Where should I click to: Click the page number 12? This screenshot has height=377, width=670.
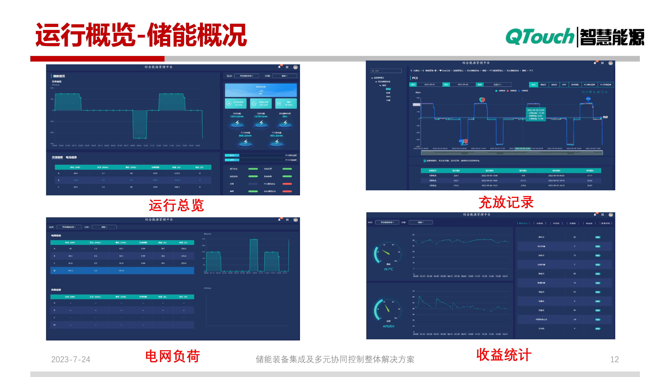point(614,359)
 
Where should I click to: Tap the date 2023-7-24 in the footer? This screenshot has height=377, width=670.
point(71,359)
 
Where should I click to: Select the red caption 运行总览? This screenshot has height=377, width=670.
point(176,205)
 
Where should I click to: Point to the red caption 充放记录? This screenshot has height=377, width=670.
point(506,202)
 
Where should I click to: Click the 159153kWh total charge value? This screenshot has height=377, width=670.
point(237,117)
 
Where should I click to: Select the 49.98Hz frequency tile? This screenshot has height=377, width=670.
point(286,104)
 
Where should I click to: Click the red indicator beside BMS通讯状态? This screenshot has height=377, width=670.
point(287,191)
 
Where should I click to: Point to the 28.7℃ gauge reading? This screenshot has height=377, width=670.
point(388,269)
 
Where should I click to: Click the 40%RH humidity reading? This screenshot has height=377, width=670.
point(388,326)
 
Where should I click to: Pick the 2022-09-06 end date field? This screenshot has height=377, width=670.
point(463,85)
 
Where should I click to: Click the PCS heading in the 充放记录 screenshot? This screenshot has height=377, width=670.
point(415,78)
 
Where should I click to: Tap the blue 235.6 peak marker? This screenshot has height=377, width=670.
point(588,99)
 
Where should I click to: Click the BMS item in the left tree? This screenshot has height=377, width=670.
point(388,97)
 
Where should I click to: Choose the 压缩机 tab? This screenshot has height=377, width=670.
point(573,223)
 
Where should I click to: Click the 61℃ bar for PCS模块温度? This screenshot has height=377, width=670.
point(232,155)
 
